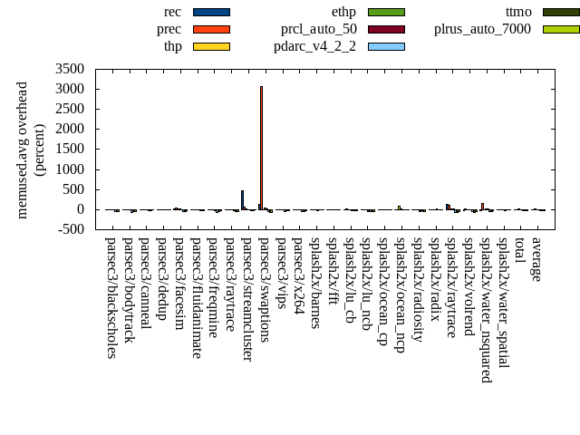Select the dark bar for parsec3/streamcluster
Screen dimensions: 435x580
tap(242, 200)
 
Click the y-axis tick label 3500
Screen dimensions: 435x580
tap(70, 69)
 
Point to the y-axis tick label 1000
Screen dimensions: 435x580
tap(70, 169)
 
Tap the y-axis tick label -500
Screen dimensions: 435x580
tap(70, 229)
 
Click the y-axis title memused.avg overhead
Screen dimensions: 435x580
tap(23, 150)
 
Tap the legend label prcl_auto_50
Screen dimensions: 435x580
tap(318, 29)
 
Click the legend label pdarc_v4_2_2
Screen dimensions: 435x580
tap(314, 46)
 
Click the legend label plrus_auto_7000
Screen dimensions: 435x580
tap(482, 29)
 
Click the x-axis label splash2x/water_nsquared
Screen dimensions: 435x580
tap(486, 309)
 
